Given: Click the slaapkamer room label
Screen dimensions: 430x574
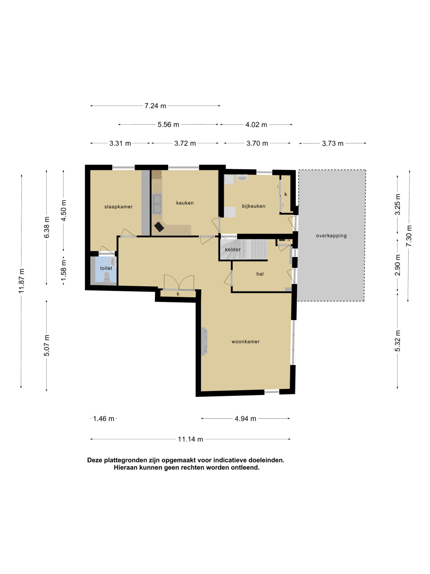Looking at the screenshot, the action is point(118,207).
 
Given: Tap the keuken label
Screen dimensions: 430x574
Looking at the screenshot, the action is point(185,203).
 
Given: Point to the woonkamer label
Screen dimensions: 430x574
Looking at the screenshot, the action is point(246,342).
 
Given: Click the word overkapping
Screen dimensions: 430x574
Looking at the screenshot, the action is point(331,236).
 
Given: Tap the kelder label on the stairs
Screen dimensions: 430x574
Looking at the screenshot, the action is point(233,249).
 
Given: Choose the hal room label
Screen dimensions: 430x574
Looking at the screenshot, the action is point(260,274).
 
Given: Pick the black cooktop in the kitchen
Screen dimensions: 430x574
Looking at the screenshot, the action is point(159,227).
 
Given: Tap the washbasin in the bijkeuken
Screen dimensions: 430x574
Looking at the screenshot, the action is point(242,178).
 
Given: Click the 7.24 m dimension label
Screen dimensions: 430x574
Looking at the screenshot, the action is point(155,106).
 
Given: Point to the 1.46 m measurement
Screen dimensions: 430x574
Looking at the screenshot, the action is point(104,419).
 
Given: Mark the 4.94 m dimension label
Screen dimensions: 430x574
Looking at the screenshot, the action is point(246,419).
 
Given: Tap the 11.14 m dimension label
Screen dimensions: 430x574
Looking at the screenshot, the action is point(190,439).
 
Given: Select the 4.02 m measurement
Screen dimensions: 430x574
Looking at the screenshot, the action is point(256,125).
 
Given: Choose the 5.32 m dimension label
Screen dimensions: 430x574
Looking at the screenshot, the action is point(397,341).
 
